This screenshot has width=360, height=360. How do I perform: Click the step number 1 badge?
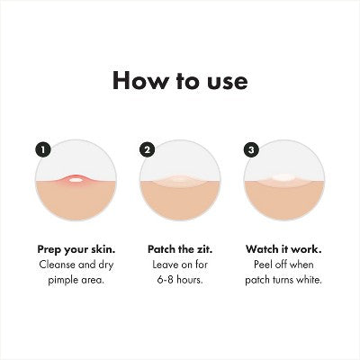(x=43, y=149)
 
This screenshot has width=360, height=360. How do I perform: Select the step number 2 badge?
(x=148, y=149)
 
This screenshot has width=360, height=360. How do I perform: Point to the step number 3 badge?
(x=251, y=149)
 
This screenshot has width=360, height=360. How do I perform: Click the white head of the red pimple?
(x=76, y=180)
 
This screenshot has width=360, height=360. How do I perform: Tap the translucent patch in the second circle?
(x=180, y=181)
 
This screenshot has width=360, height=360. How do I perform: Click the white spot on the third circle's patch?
(x=283, y=178)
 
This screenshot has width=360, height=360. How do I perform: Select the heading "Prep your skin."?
(x=76, y=250)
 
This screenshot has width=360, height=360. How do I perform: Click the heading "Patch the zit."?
(x=180, y=249)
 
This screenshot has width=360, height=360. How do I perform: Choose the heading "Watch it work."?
(x=283, y=249)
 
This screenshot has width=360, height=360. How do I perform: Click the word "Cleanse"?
(x=57, y=265)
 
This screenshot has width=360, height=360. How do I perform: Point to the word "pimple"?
(x=62, y=281)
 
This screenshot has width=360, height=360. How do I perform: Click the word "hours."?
(x=190, y=280)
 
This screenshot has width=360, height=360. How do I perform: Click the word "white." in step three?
(x=309, y=280)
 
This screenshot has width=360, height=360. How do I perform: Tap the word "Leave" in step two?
(x=166, y=265)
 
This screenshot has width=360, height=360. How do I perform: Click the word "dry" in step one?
(x=106, y=265)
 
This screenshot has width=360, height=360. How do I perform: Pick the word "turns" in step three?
(x=283, y=280)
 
